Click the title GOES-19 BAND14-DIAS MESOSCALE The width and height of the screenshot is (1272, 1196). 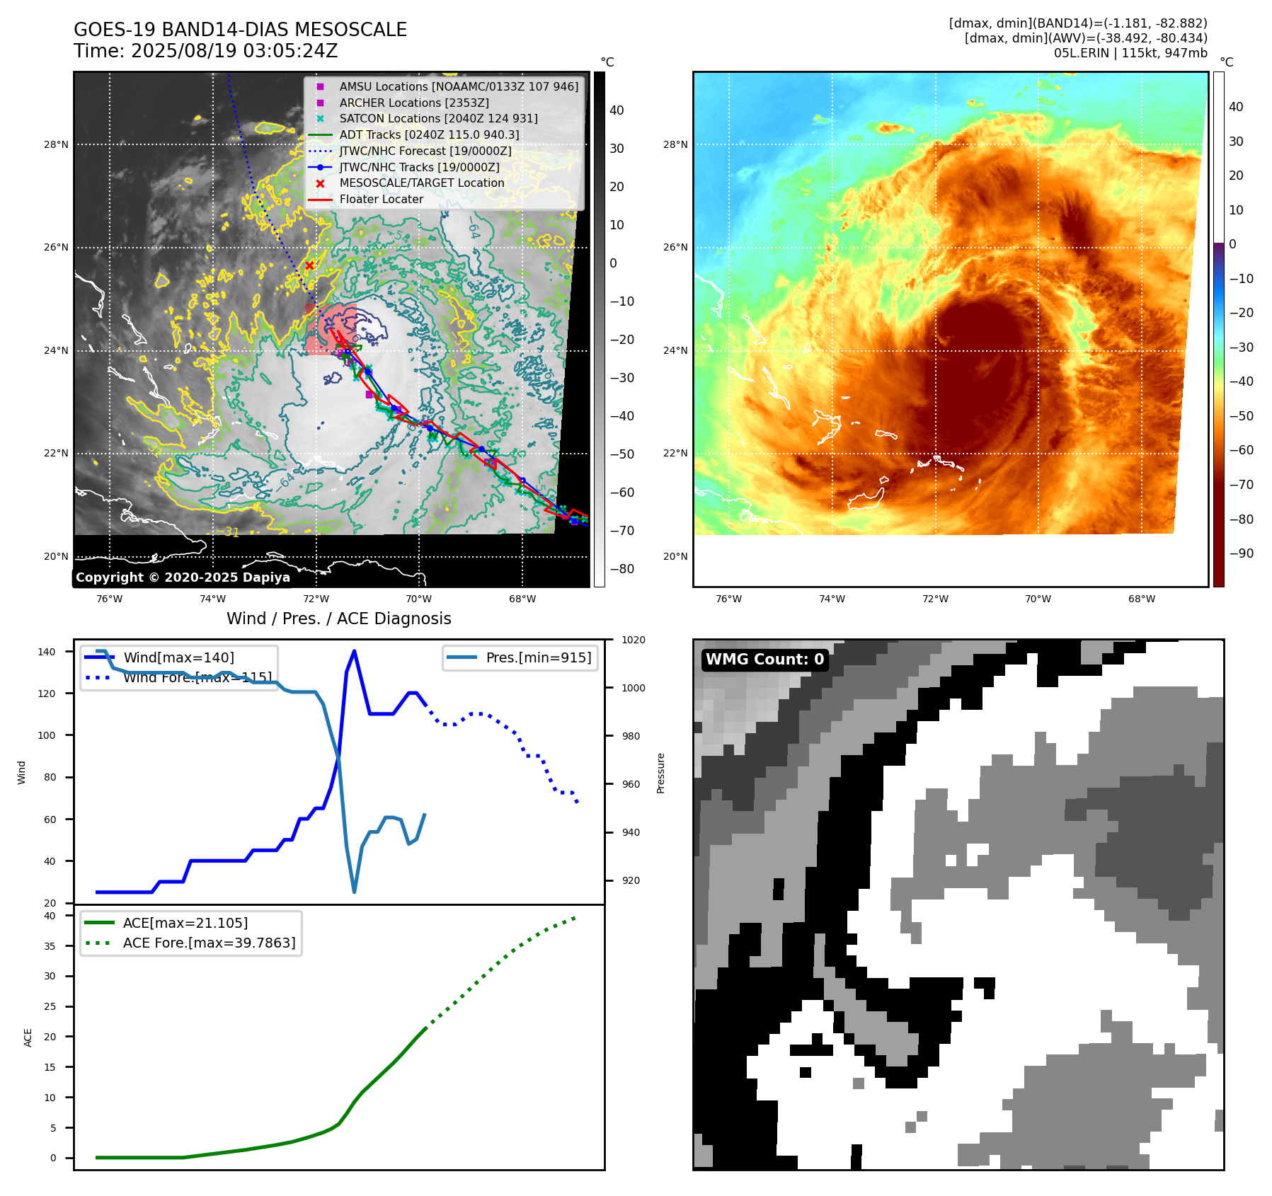pyautogui.click(x=240, y=30)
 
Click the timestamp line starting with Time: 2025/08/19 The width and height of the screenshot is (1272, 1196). pyautogui.click(x=205, y=51)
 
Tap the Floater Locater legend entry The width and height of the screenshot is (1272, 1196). pyautogui.click(x=381, y=199)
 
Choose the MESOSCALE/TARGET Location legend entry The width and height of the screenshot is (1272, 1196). pyautogui.click(x=421, y=183)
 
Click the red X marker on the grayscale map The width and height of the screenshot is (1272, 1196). pyautogui.click(x=309, y=265)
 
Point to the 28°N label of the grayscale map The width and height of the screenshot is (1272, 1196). pyautogui.click(x=57, y=144)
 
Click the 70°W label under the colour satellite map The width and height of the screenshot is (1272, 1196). pyautogui.click(x=1038, y=599)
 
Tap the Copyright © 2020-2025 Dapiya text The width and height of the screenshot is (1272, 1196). pyautogui.click(x=183, y=577)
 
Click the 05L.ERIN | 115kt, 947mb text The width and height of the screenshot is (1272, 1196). pyautogui.click(x=1130, y=53)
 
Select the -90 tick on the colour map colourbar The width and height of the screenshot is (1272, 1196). pyautogui.click(x=1241, y=553)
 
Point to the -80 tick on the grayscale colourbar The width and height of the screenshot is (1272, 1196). pyautogui.click(x=622, y=568)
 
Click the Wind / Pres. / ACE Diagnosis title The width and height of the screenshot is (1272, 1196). pyautogui.click(x=338, y=619)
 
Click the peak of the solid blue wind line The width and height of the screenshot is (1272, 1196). pyautogui.click(x=354, y=651)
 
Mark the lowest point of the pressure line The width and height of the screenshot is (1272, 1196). pyautogui.click(x=354, y=892)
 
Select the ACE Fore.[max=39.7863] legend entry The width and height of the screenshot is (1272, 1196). pyautogui.click(x=209, y=943)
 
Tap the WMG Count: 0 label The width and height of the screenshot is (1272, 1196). pyautogui.click(x=764, y=660)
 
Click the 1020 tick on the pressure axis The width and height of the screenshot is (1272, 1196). pyautogui.click(x=634, y=640)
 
